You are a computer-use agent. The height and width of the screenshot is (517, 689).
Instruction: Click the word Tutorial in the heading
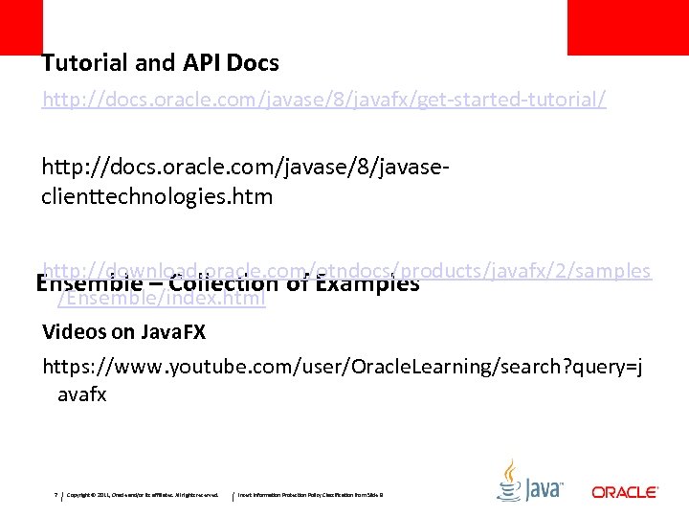tap(80, 63)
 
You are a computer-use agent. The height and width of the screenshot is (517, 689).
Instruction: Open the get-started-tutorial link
tap(323, 100)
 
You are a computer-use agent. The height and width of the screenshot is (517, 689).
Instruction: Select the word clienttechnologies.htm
tap(157, 197)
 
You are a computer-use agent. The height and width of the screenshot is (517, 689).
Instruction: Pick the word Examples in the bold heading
tap(367, 284)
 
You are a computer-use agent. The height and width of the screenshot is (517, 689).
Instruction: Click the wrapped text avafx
tap(82, 393)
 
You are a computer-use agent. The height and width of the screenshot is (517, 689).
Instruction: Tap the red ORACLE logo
tap(624, 492)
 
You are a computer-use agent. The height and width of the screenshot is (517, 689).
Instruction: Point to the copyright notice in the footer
tap(144, 495)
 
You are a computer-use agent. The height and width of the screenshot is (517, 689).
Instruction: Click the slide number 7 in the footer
tap(56, 495)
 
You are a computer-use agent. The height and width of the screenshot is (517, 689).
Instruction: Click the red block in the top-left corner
tap(21, 27)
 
